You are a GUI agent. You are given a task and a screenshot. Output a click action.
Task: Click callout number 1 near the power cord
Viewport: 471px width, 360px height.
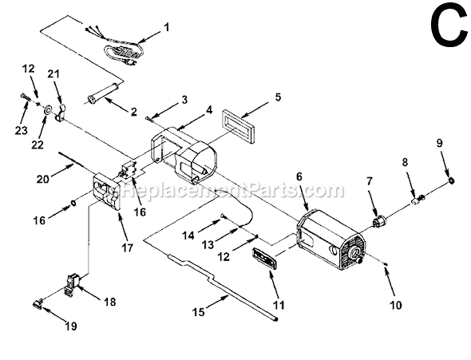(x=166, y=27)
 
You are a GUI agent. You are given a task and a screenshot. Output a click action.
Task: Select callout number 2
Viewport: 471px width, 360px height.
(x=133, y=111)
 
